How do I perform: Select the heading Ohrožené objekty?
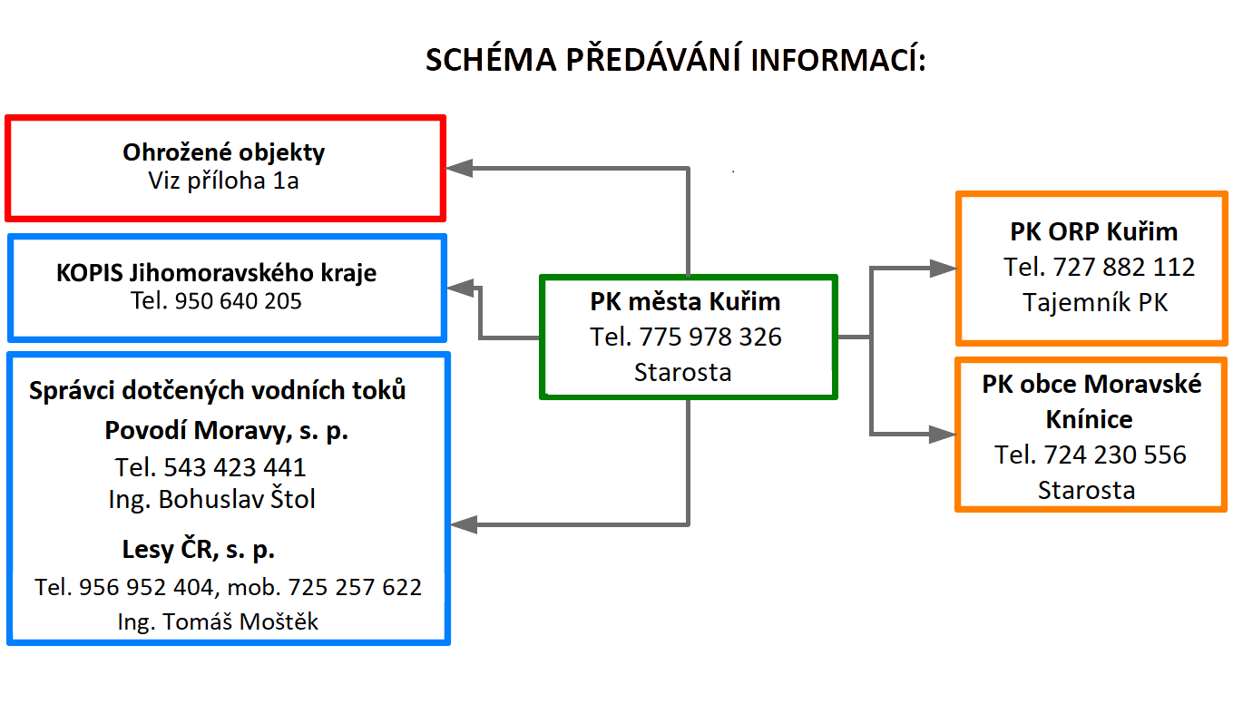click(223, 152)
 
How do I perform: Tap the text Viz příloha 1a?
click(223, 181)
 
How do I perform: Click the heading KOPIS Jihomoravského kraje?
click(216, 273)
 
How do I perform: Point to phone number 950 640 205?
click(238, 301)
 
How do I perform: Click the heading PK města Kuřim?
click(685, 302)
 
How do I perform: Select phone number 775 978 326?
click(710, 337)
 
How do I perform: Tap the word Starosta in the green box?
click(683, 373)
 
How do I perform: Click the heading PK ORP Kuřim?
click(1094, 231)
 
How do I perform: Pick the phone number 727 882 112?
click(1123, 268)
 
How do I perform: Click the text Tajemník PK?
click(1095, 303)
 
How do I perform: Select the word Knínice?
click(1090, 419)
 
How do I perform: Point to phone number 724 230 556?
click(1115, 455)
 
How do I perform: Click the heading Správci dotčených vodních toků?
click(218, 390)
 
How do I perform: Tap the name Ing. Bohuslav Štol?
click(212, 500)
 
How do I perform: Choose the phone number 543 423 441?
click(234, 467)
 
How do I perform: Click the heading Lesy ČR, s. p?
click(198, 550)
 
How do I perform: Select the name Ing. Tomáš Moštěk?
click(218, 621)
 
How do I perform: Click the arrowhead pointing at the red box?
click(459, 169)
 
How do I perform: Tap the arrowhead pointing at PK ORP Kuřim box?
click(944, 269)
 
